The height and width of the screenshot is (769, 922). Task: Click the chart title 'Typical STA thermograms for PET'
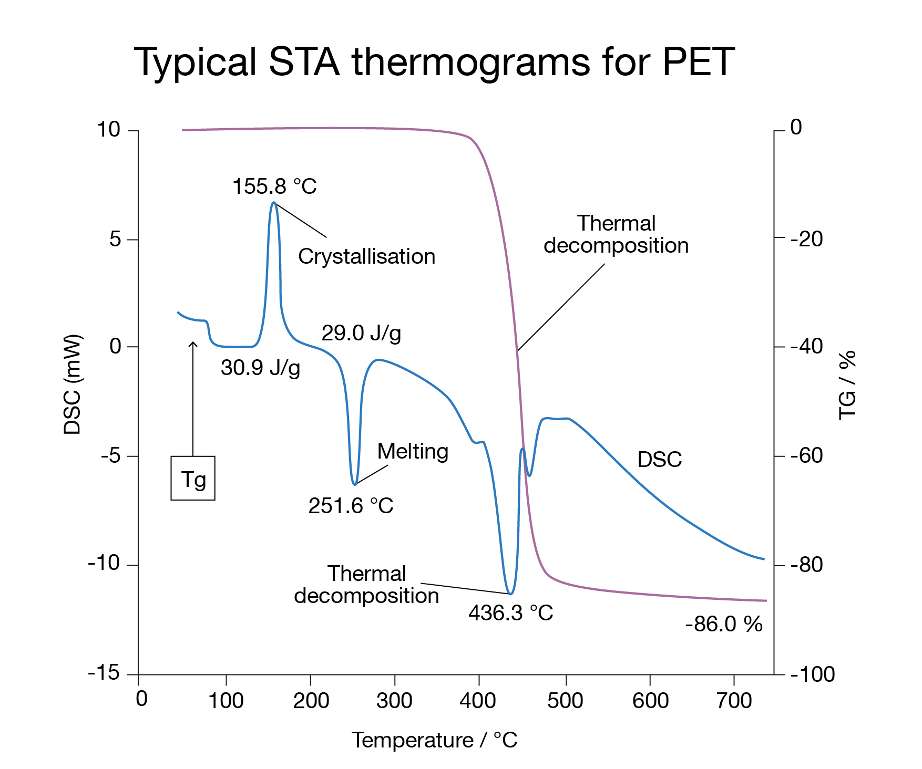click(434, 62)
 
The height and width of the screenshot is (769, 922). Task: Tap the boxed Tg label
click(193, 479)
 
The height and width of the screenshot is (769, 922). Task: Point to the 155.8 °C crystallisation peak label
click(274, 186)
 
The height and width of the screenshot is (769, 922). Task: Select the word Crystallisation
click(366, 256)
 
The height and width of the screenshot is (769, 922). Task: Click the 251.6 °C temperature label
click(351, 505)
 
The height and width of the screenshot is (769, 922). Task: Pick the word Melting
click(413, 451)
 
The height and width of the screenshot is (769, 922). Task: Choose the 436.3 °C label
click(510, 612)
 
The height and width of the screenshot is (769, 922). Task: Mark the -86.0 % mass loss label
click(723, 624)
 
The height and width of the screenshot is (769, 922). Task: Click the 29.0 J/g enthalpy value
click(361, 333)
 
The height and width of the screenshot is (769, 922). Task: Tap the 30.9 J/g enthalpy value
click(260, 368)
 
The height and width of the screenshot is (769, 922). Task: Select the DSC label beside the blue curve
click(659, 460)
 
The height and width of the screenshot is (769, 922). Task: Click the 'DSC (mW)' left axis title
click(73, 384)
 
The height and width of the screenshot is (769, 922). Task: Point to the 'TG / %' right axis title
click(847, 384)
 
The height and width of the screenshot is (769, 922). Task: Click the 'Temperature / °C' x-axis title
click(434, 740)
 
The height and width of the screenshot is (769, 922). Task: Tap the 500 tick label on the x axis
click(565, 701)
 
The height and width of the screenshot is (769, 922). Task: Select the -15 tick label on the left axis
click(104, 673)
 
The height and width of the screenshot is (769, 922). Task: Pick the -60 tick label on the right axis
click(806, 455)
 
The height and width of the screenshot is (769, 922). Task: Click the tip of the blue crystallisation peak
click(273, 202)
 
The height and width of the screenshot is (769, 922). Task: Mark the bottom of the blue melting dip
click(355, 484)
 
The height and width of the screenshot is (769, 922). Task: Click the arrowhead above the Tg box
click(193, 343)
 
